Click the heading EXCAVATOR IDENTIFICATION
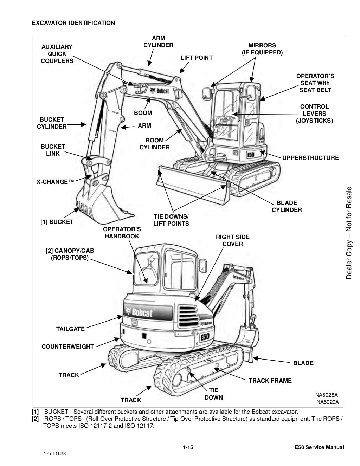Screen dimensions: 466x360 (x=73, y=23)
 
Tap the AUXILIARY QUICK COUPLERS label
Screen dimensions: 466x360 (x=57, y=54)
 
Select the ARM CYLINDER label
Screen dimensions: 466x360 (x=158, y=41)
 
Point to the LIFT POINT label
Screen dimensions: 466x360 (x=197, y=58)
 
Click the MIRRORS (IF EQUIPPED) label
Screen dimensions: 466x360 (x=262, y=49)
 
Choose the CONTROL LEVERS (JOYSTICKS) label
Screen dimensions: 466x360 (x=314, y=114)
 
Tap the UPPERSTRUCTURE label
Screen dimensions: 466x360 (x=310, y=158)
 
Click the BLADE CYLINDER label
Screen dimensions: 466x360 (x=287, y=206)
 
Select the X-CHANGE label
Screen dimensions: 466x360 (x=56, y=182)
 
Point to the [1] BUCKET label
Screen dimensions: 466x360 (x=57, y=222)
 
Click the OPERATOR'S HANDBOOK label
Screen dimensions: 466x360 (x=122, y=233)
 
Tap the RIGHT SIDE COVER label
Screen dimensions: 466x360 (x=232, y=240)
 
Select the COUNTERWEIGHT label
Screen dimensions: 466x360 (x=67, y=347)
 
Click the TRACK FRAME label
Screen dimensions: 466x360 (x=270, y=381)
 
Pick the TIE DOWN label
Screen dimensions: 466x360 (x=213, y=394)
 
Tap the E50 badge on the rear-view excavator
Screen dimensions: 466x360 (x=205, y=337)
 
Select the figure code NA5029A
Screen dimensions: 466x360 (x=327, y=402)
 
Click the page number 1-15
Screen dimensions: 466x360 (x=188, y=447)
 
